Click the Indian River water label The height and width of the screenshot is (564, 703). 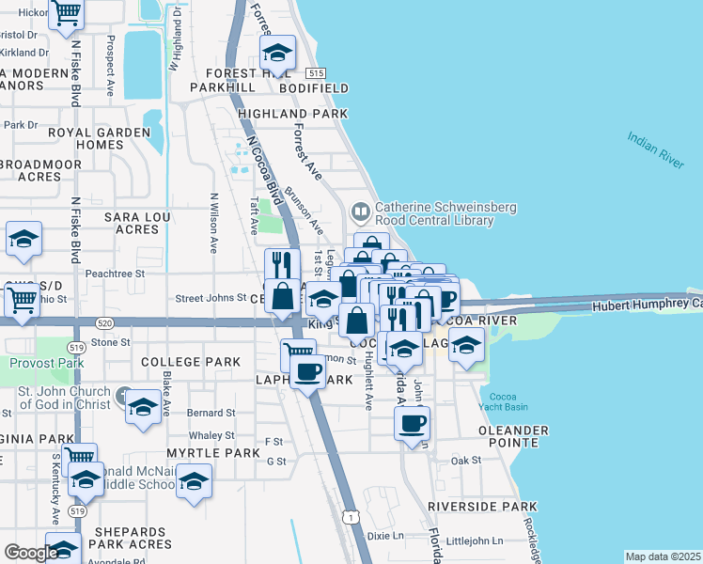656,150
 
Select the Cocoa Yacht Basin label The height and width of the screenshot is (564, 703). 504,401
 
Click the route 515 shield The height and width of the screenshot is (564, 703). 316,73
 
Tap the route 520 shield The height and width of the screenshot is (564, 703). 80,322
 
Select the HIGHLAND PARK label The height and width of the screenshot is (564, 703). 292,113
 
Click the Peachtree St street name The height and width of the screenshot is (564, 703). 114,274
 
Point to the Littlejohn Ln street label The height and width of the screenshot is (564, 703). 474,540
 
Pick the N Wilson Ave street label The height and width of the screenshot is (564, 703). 214,223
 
